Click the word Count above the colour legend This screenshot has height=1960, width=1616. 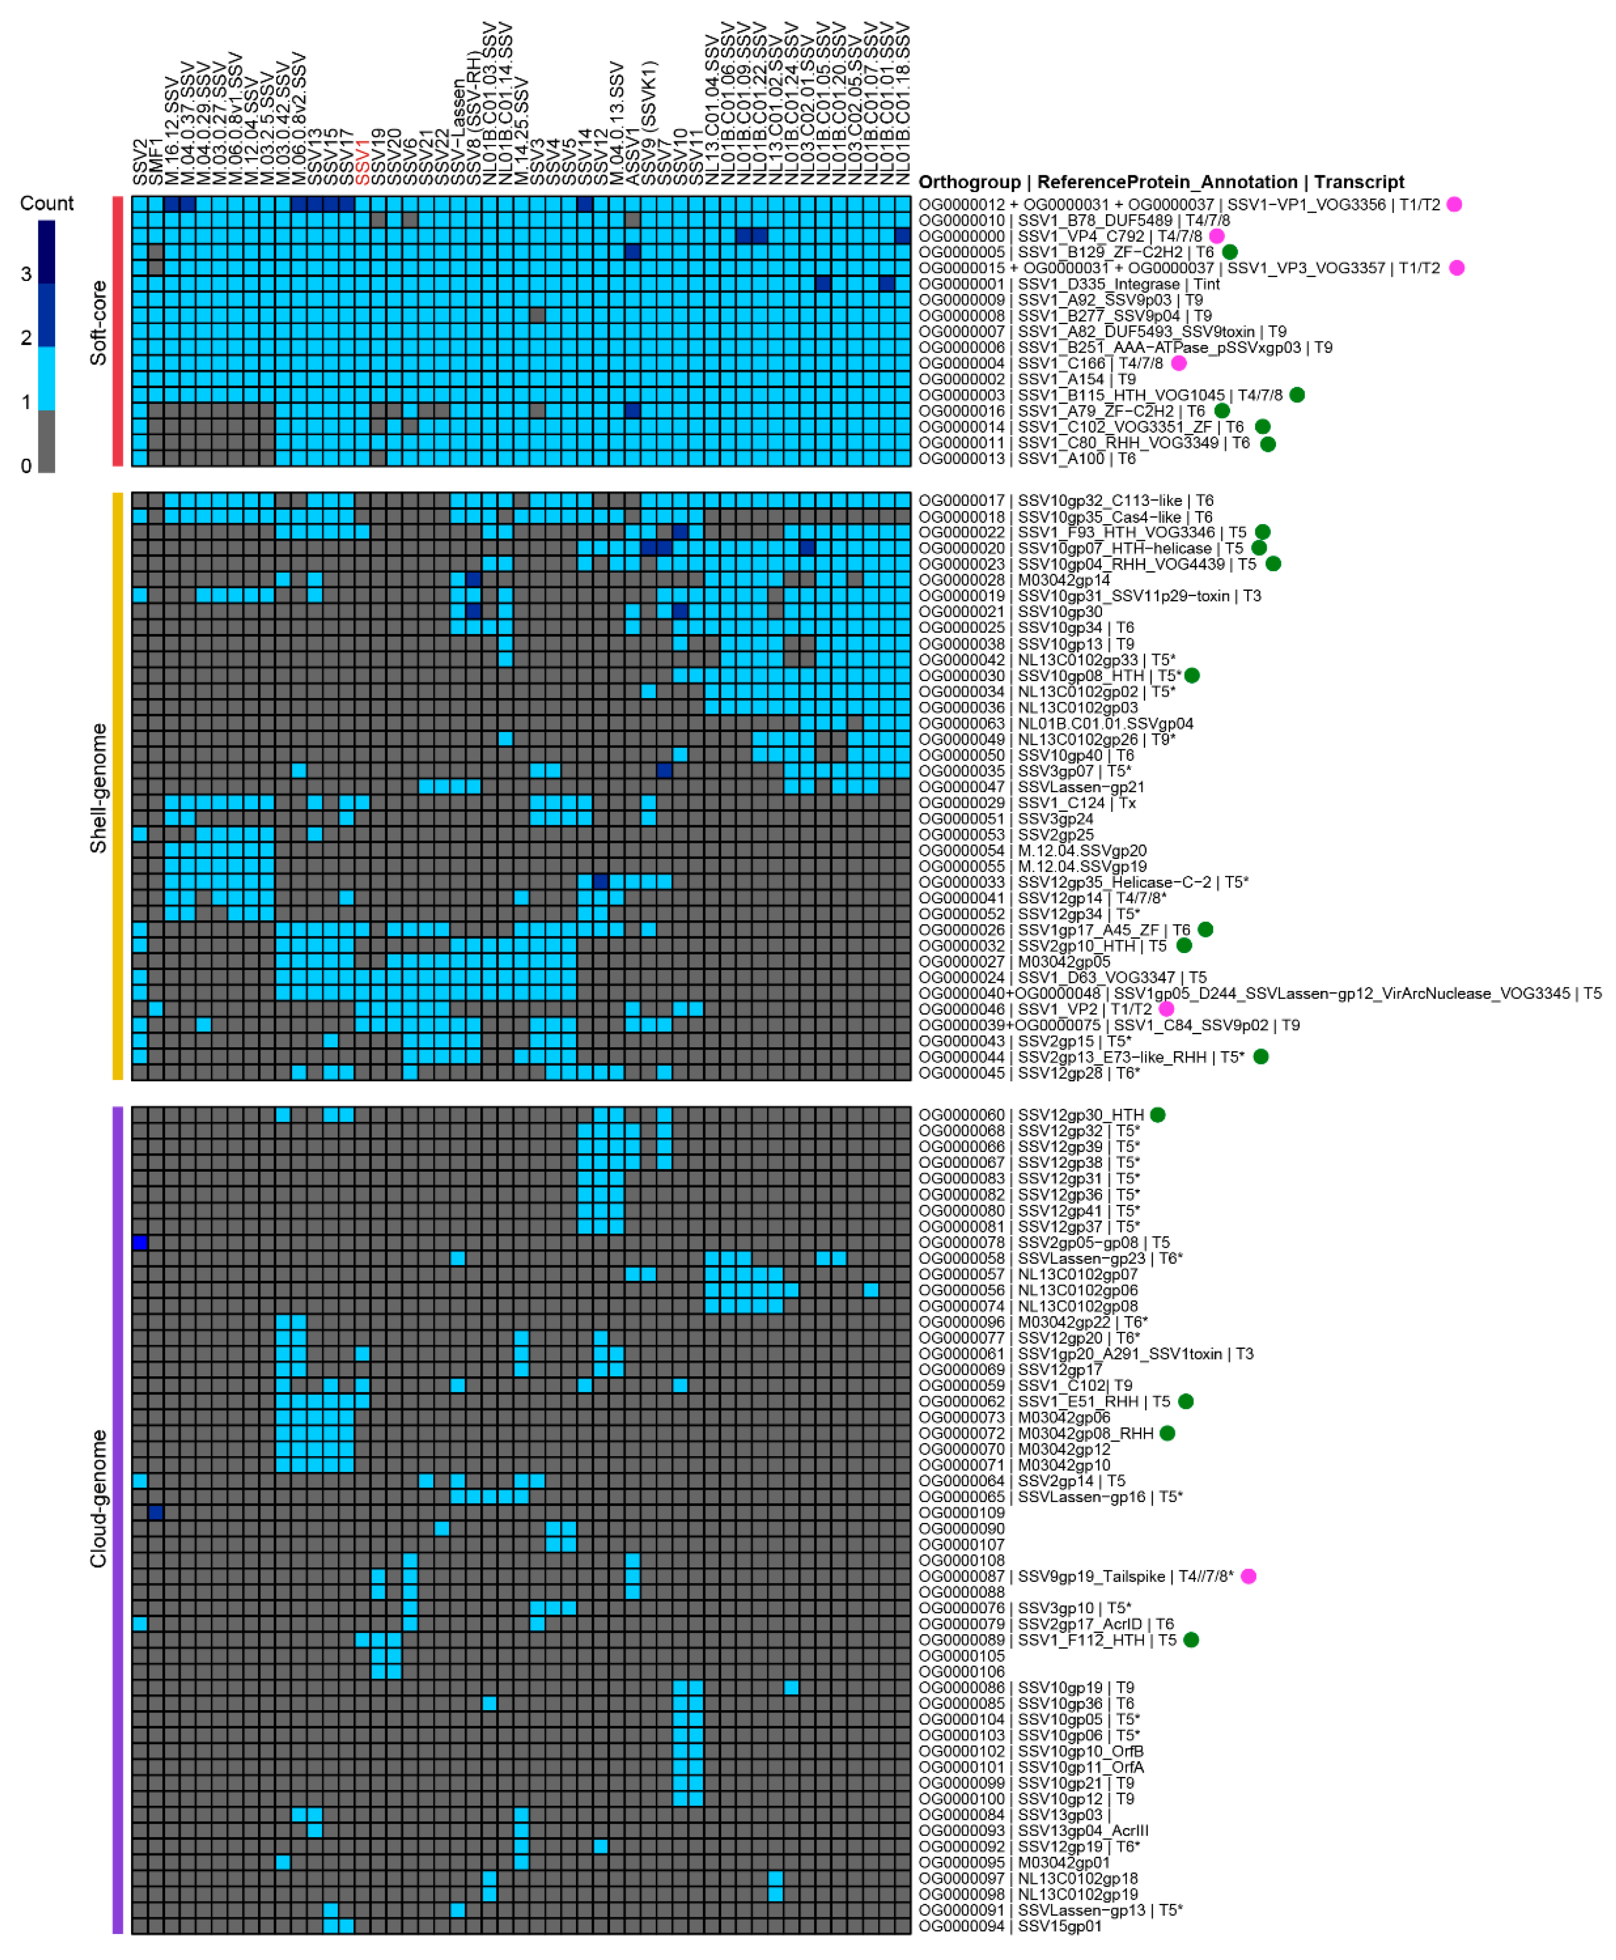point(47,203)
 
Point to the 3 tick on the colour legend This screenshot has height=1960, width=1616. point(26,274)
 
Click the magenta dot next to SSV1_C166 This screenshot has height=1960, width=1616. point(1178,363)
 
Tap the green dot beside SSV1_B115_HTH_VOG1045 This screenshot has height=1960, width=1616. point(1297,394)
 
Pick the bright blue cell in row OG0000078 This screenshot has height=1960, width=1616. point(140,1242)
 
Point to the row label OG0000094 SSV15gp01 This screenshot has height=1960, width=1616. point(1010,1925)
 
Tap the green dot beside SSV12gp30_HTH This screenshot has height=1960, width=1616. point(1158,1115)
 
